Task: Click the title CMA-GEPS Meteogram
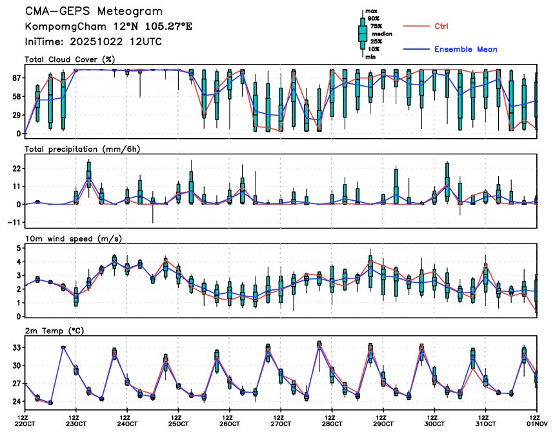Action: [x=94, y=12]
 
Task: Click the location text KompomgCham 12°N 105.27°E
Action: [x=108, y=26]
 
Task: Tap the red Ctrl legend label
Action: [x=441, y=26]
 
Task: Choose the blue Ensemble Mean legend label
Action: [x=465, y=49]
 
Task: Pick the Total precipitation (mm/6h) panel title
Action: [x=83, y=149]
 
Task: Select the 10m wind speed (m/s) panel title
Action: [x=73, y=238]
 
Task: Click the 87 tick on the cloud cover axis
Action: [x=15, y=77]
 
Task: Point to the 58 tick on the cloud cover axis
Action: [x=15, y=96]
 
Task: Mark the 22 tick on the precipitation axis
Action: [x=15, y=168]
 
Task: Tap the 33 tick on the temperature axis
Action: [x=15, y=347]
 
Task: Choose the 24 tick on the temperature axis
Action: [x=15, y=401]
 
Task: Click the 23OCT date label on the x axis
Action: [x=76, y=424]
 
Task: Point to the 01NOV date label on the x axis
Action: [x=536, y=424]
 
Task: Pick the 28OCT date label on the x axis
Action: [x=332, y=424]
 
